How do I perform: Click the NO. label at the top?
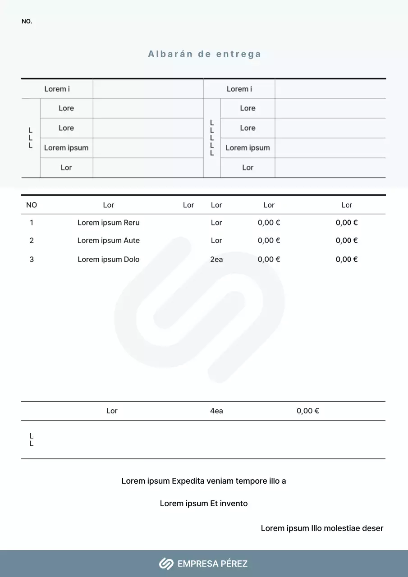click(x=27, y=22)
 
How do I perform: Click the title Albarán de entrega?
click(x=204, y=54)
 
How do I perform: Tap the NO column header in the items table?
click(x=32, y=205)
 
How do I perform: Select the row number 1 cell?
click(x=32, y=222)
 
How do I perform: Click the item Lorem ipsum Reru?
click(x=109, y=222)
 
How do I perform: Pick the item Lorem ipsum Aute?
click(x=109, y=240)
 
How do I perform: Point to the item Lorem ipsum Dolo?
click(x=109, y=259)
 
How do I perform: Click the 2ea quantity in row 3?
click(x=216, y=259)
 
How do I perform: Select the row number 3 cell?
click(x=32, y=259)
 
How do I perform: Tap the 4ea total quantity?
click(x=216, y=411)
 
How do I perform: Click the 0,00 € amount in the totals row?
click(x=308, y=411)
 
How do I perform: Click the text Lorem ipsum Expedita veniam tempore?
click(x=204, y=481)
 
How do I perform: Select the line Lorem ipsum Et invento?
click(x=204, y=504)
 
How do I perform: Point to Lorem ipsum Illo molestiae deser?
click(x=322, y=528)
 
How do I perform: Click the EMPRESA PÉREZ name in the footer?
click(x=212, y=563)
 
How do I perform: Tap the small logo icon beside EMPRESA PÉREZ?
click(x=166, y=563)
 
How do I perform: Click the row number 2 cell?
click(x=32, y=240)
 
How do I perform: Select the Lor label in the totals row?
click(x=112, y=411)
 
